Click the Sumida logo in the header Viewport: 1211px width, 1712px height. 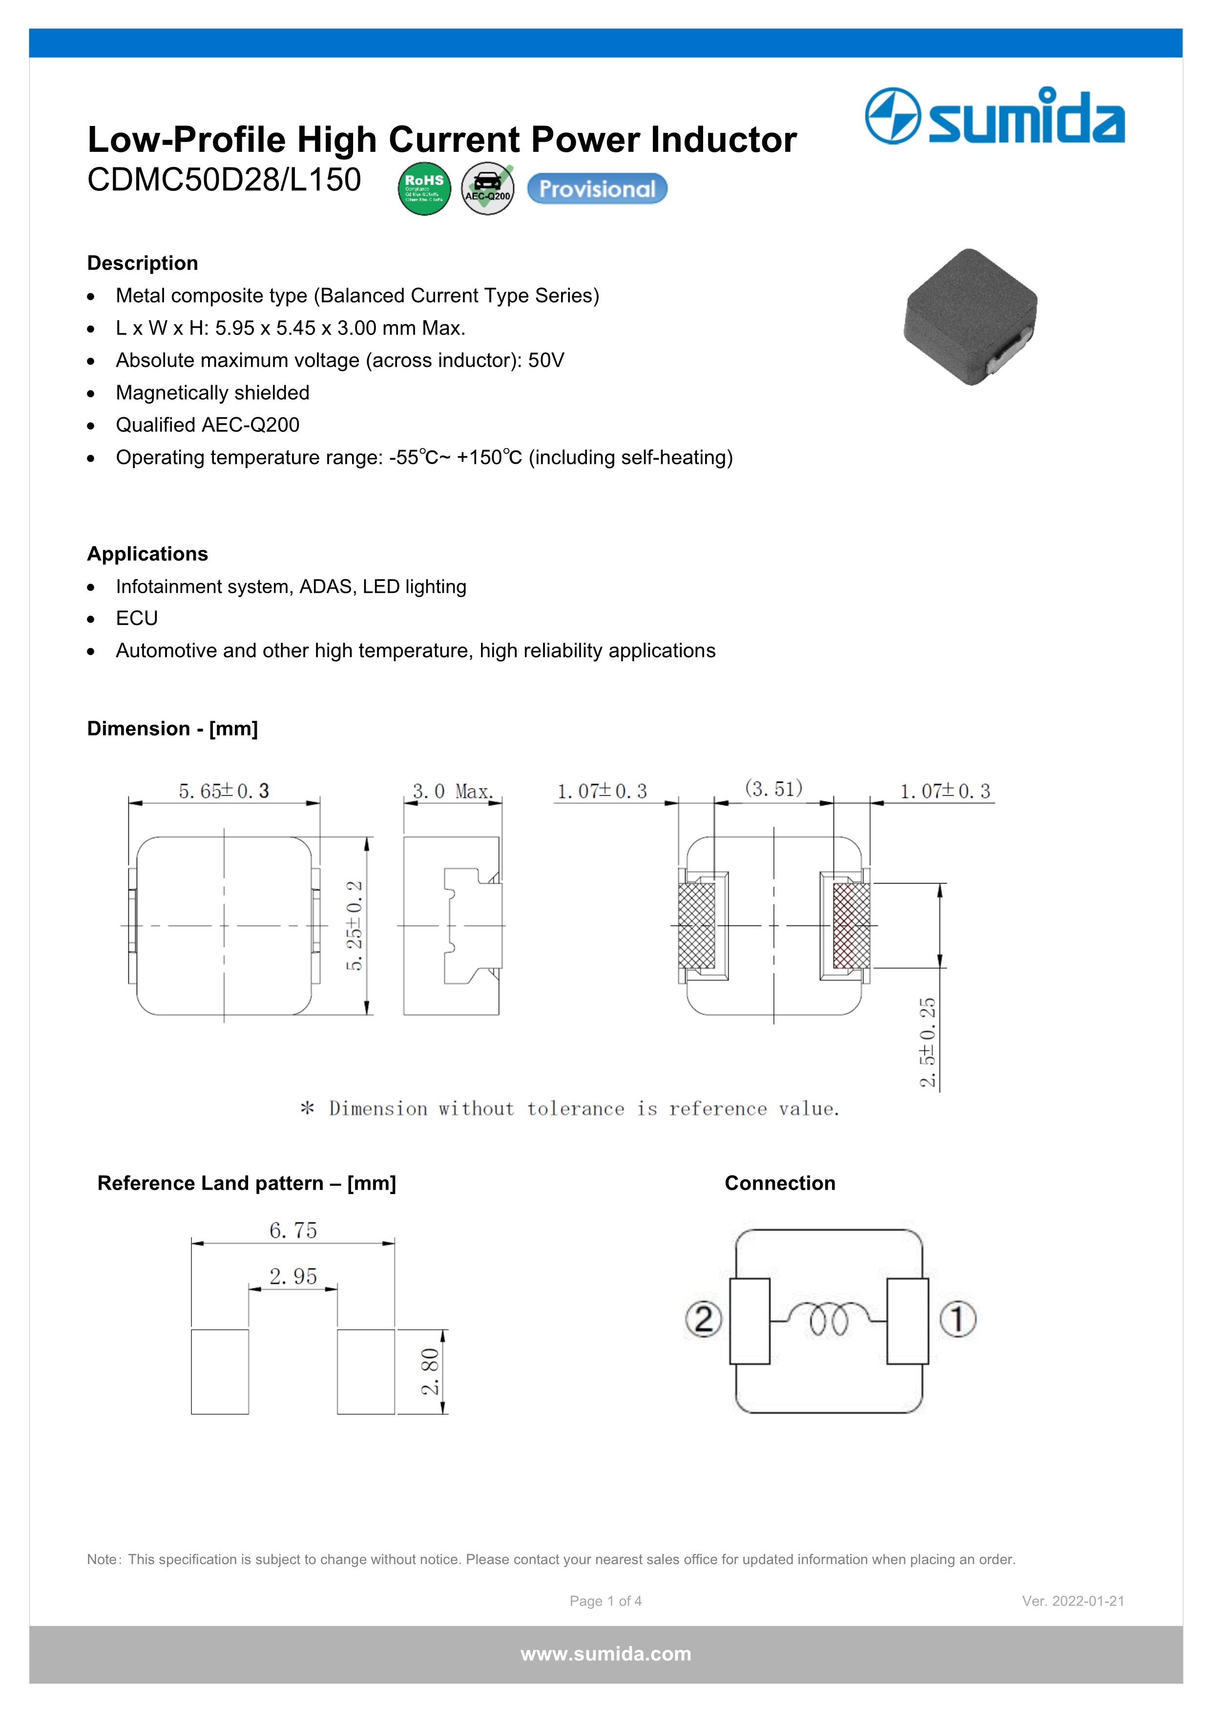click(x=995, y=116)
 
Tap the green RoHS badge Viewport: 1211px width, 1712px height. click(x=424, y=188)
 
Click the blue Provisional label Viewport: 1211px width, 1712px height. click(x=597, y=188)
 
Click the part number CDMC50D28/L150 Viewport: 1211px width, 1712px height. click(x=224, y=180)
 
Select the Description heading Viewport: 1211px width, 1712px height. click(x=143, y=263)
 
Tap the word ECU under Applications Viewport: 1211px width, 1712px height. click(x=136, y=618)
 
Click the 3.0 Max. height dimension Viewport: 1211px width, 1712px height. click(x=452, y=791)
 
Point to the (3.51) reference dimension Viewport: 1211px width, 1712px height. click(x=773, y=789)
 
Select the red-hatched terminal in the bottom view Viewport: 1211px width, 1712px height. click(x=851, y=926)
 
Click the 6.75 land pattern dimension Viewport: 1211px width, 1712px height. click(x=293, y=1230)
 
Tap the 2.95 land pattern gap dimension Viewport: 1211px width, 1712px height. click(x=293, y=1277)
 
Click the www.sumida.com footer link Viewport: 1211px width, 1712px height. click(x=605, y=1654)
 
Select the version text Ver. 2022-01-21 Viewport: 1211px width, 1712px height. click(x=1072, y=1601)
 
